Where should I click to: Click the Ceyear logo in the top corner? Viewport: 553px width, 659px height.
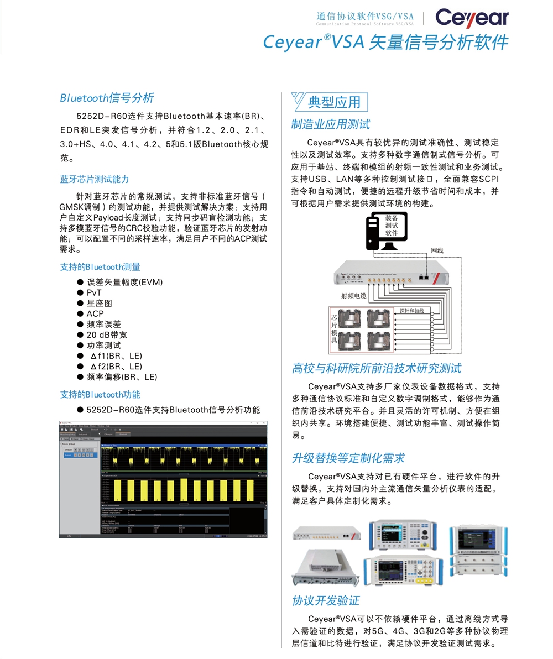point(471,18)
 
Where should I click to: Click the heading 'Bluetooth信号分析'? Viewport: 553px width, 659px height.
point(107,98)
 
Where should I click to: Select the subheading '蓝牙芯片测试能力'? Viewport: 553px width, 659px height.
point(95,179)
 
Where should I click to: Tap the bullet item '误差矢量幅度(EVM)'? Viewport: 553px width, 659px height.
point(124,282)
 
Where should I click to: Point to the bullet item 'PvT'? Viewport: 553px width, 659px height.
point(94,292)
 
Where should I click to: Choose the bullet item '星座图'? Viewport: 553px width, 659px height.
point(100,303)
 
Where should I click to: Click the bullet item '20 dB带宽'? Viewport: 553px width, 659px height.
point(107,334)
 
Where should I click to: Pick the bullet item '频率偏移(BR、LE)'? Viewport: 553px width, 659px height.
point(122,376)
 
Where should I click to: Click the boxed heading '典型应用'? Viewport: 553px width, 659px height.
point(334,102)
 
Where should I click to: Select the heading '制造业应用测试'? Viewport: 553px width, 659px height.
point(331,124)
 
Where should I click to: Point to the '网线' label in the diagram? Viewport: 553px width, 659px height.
point(437,251)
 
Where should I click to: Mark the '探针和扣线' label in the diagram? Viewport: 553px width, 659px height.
point(411,311)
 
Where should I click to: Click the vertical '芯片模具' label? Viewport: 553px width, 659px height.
point(334,329)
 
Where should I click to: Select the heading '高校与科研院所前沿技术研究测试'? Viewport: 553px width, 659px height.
point(376,368)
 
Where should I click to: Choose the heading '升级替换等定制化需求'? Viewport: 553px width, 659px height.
point(348,458)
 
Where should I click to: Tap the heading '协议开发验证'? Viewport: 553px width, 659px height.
point(326,600)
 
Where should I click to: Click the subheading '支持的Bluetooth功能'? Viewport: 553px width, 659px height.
point(100,394)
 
